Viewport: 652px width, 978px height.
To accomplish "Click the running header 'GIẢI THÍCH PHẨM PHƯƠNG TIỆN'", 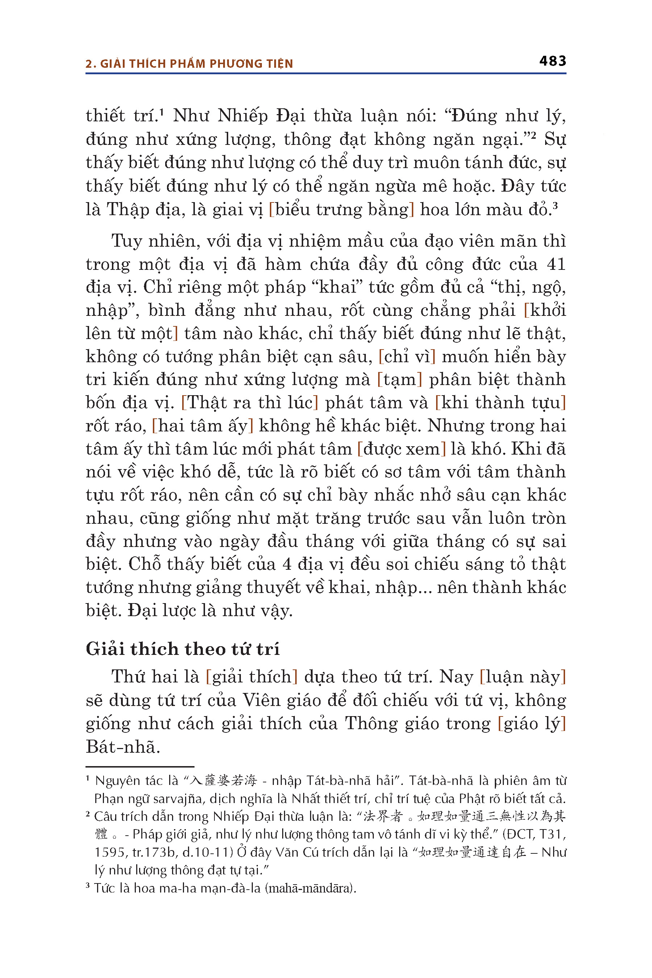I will click(197, 64).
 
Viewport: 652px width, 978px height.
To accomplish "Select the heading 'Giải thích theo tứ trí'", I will click(183, 649).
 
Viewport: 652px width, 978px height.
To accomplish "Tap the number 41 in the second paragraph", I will click(556, 264).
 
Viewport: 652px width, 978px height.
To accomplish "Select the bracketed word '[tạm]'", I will click(399, 379).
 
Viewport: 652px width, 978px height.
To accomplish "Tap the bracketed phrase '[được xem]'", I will click(401, 449).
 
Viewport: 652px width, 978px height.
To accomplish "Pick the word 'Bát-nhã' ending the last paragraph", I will click(123, 747).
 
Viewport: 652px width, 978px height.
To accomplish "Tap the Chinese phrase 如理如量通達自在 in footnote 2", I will click(472, 852).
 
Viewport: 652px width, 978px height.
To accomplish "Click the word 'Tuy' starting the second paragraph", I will click(126, 241).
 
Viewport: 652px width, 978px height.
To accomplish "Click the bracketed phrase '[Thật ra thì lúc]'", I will click(250, 402).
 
